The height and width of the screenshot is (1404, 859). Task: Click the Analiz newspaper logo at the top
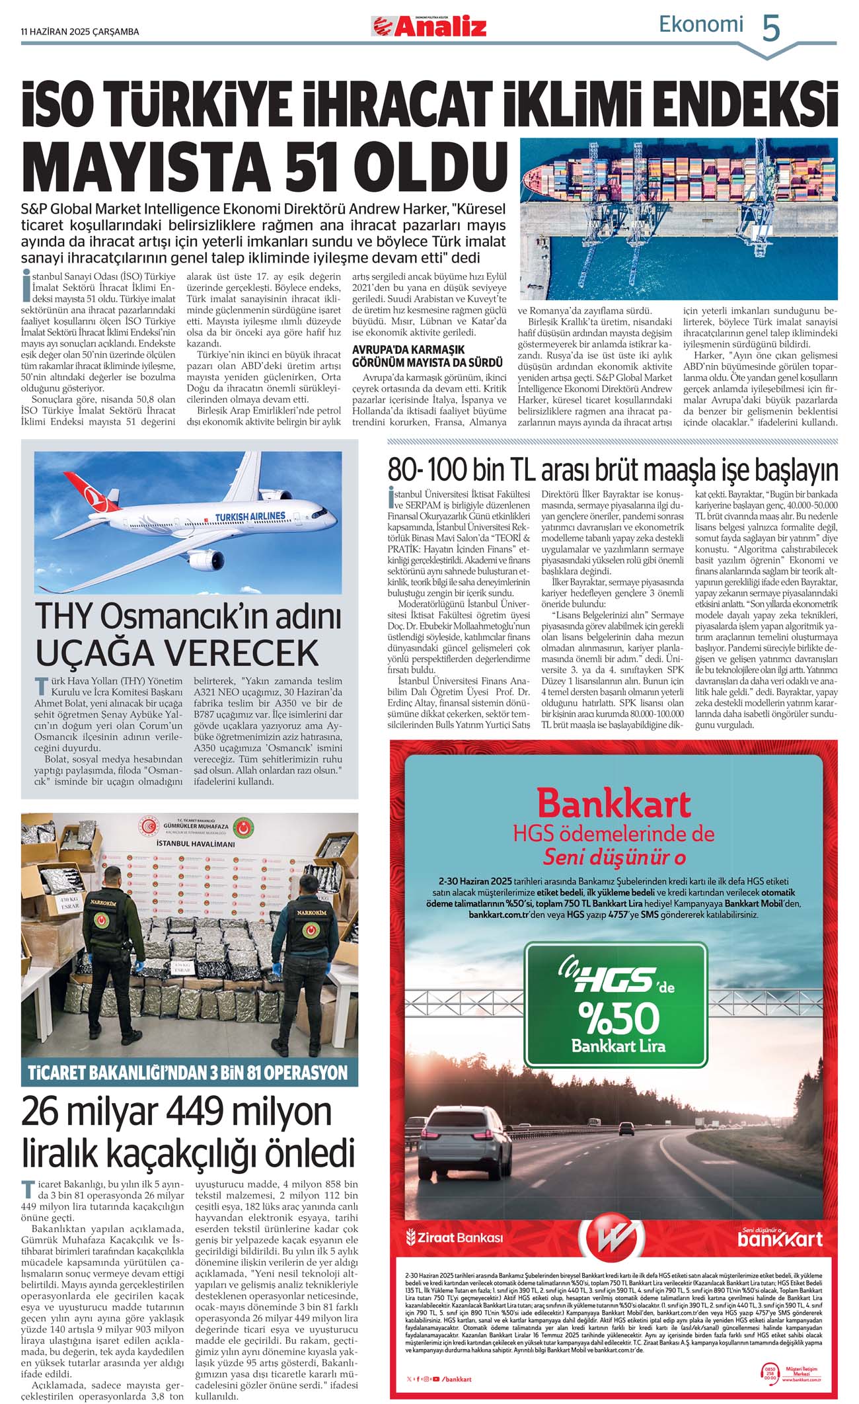(429, 26)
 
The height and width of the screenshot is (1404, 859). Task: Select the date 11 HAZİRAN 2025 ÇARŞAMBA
(80, 31)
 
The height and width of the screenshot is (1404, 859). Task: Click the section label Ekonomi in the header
(700, 25)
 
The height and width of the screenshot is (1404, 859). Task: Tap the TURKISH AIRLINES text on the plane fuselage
(250, 516)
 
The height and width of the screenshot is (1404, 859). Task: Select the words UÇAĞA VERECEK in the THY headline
(177, 653)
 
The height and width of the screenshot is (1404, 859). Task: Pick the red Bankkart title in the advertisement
(614, 804)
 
